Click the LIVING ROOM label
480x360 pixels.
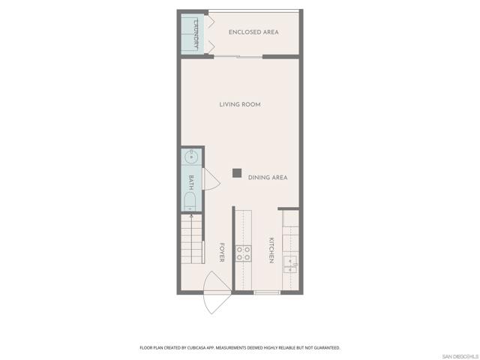point(240,104)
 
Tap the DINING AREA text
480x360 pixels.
point(268,178)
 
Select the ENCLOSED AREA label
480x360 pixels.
point(255,32)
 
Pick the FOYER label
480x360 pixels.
point(221,253)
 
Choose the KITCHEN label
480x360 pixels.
point(270,250)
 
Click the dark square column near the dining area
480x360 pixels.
point(236,173)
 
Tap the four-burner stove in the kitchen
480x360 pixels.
point(244,253)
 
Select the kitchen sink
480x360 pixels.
point(291,261)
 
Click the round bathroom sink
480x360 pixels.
point(191,157)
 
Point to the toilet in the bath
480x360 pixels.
point(190,200)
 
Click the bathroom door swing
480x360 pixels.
point(210,180)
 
